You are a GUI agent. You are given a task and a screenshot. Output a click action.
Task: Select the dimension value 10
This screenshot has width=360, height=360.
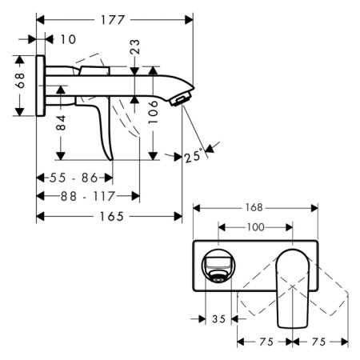(x=67, y=38)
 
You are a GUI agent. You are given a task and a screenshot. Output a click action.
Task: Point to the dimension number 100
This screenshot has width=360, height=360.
(x=254, y=228)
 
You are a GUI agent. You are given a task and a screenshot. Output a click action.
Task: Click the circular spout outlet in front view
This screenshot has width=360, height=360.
(x=216, y=267)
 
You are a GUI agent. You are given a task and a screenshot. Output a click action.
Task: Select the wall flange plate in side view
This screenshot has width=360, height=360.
(x=41, y=86)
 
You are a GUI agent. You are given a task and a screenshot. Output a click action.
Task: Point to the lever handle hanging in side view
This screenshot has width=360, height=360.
(x=103, y=128)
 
